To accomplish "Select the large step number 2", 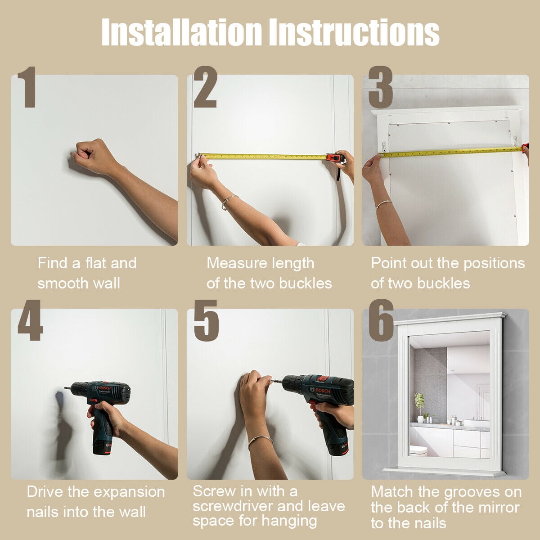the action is pyautogui.click(x=205, y=87).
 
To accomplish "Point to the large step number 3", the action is pyautogui.click(x=380, y=87).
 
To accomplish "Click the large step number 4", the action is pyautogui.click(x=30, y=320).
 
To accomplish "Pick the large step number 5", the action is pyautogui.click(x=206, y=320).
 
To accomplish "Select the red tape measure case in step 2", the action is pyautogui.click(x=335, y=158).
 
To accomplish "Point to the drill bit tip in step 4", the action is pyautogui.click(x=65, y=388).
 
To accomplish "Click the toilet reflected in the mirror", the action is pyautogui.click(x=418, y=451).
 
